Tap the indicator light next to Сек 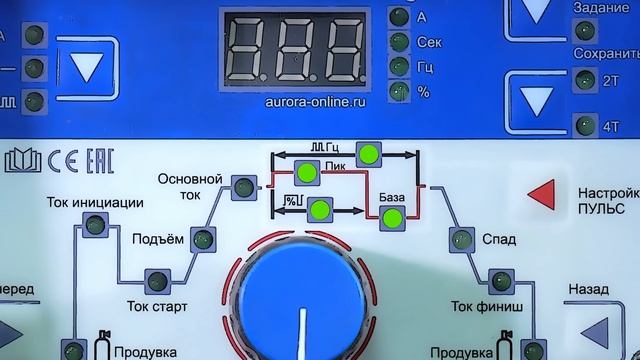click(400, 43)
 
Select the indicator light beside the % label click(400, 91)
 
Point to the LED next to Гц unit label click(400, 67)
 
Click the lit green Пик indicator click(306, 173)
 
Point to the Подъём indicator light click(203, 240)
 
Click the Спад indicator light click(461, 240)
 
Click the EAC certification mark click(97, 161)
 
